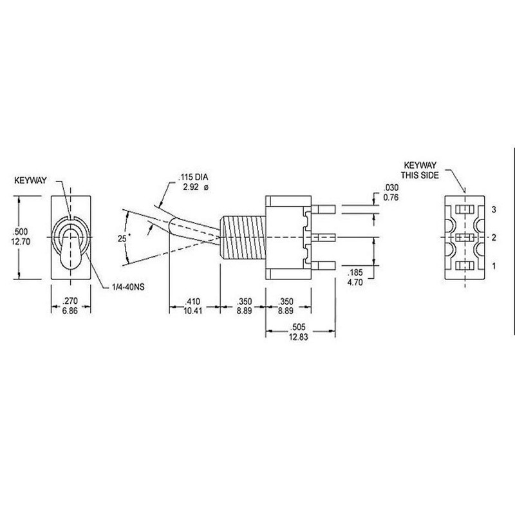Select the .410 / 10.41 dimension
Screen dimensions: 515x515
pos(194,305)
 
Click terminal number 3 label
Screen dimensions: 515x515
pos(492,211)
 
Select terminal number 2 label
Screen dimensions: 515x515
pos(492,238)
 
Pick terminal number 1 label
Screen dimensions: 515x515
pos(492,265)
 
